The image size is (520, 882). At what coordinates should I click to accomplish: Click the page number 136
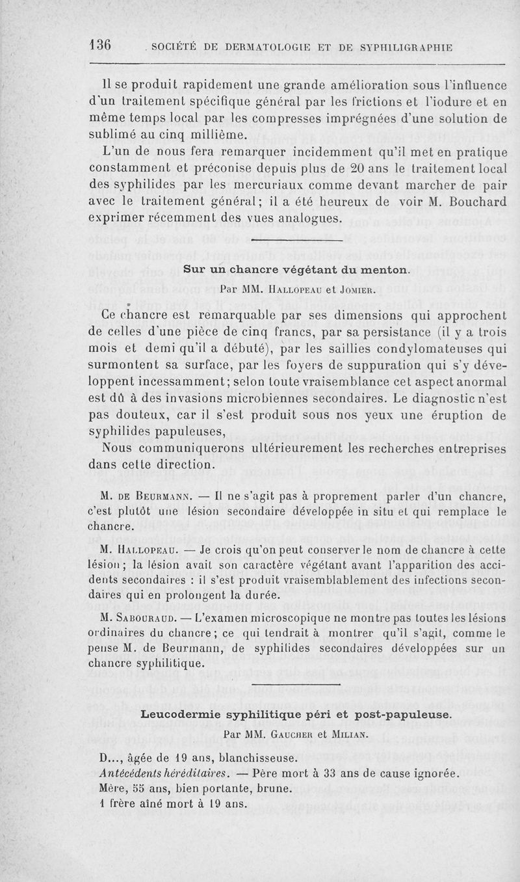click(101, 45)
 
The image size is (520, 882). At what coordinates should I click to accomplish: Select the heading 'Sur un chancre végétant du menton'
click(296, 269)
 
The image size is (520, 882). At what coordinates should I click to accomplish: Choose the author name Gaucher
click(304, 733)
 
